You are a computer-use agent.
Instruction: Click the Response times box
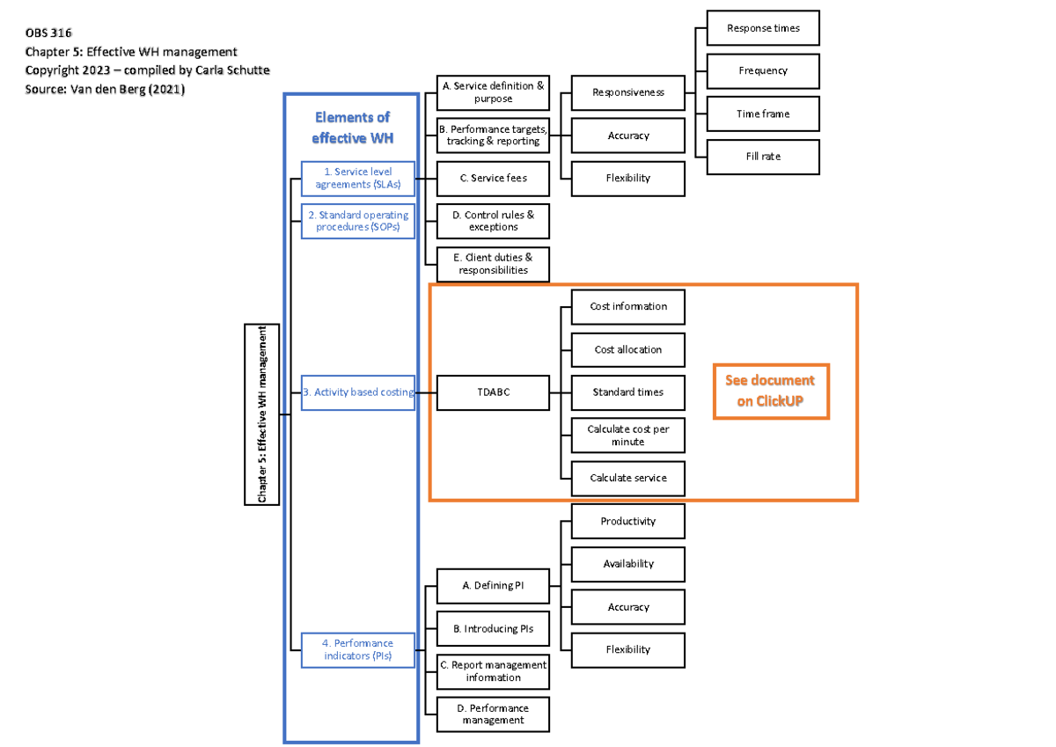click(763, 28)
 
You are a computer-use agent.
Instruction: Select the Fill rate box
click(763, 157)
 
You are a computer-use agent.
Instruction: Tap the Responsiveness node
click(627, 92)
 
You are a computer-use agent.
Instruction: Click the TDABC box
click(493, 392)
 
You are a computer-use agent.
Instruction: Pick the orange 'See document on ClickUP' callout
click(770, 391)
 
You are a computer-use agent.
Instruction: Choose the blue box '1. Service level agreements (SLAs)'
click(357, 179)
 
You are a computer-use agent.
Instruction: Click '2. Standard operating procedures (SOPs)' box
click(357, 221)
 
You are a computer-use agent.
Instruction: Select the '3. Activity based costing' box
click(357, 392)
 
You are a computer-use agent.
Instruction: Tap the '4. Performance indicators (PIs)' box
click(357, 649)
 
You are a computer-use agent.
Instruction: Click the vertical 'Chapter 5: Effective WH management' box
click(261, 414)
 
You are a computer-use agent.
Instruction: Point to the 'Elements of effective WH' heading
click(352, 128)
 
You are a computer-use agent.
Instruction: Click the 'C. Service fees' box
click(493, 178)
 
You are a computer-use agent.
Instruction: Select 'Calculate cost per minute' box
click(627, 435)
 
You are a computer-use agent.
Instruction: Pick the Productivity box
click(627, 521)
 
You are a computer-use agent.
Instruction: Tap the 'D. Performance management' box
click(493, 714)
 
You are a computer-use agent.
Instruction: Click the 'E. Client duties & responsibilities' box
click(493, 264)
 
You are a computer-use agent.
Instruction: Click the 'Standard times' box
click(627, 392)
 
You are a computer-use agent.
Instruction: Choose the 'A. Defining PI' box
click(493, 585)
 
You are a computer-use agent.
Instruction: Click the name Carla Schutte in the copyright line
click(231, 70)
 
